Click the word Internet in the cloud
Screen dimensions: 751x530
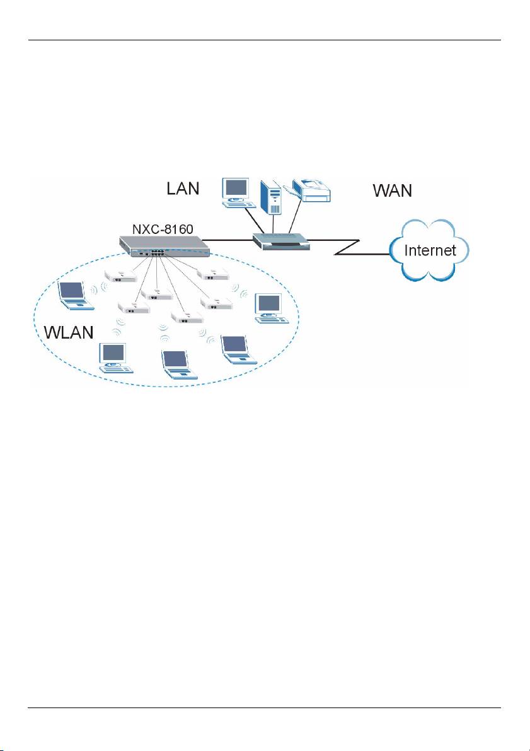click(x=430, y=250)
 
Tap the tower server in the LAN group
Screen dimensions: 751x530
click(x=272, y=197)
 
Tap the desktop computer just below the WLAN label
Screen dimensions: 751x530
click(x=114, y=358)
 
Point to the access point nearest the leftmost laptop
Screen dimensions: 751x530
click(x=122, y=276)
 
